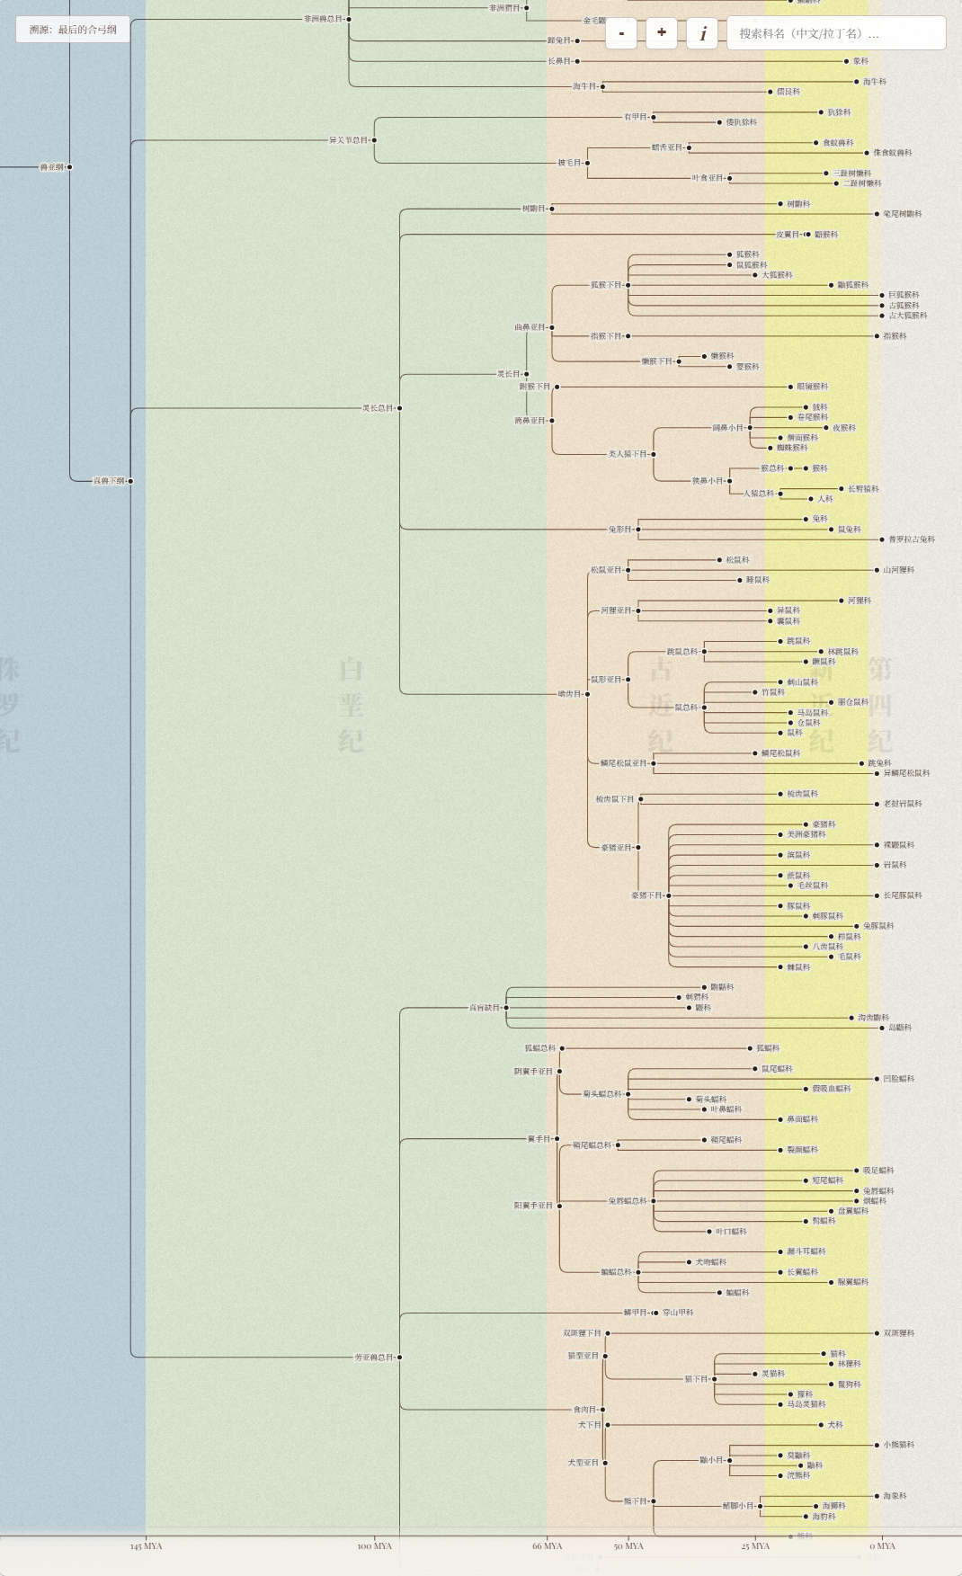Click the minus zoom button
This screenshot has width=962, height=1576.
(x=621, y=33)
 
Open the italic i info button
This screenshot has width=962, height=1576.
(x=702, y=33)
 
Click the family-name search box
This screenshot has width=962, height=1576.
(x=836, y=33)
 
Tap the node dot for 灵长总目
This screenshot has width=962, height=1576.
(x=399, y=408)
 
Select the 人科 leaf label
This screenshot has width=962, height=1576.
(x=825, y=499)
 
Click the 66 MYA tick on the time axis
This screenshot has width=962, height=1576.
(x=547, y=1545)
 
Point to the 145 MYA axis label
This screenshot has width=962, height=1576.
(x=146, y=1546)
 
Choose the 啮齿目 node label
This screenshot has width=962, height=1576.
(x=569, y=694)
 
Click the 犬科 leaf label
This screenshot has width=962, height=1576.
(x=835, y=1425)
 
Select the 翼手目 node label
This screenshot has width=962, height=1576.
(x=538, y=1139)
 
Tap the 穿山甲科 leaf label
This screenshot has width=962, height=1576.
(x=678, y=1313)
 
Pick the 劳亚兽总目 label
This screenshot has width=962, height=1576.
(x=373, y=1358)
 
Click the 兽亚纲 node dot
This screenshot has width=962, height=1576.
(x=69, y=167)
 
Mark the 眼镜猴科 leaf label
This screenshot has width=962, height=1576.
(x=813, y=387)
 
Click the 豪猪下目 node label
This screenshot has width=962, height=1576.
(x=646, y=895)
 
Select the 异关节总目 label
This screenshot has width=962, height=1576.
(x=348, y=140)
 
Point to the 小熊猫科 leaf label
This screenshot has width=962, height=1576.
(x=898, y=1445)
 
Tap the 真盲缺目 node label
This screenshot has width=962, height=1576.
(x=484, y=1008)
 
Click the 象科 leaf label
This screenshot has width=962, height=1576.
(x=860, y=61)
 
